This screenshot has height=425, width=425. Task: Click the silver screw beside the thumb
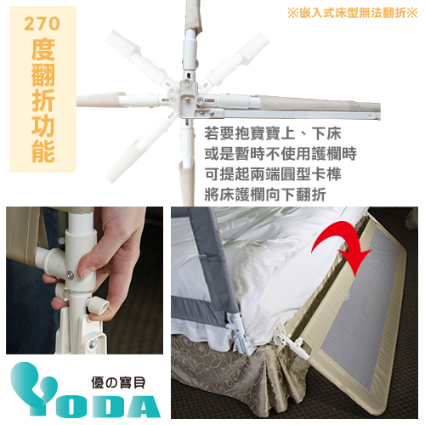(x=67, y=275)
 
